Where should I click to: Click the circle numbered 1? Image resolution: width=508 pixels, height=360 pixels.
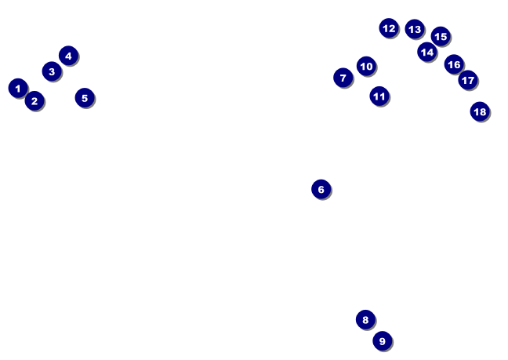[18, 88]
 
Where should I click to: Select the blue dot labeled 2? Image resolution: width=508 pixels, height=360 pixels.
[34, 100]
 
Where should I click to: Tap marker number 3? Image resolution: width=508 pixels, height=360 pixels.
[52, 71]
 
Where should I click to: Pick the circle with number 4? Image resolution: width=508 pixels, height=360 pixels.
[68, 55]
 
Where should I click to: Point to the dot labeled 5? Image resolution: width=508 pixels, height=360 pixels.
[85, 98]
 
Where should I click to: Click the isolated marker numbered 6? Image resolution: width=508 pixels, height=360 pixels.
[321, 189]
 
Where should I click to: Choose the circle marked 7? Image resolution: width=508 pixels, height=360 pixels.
[343, 78]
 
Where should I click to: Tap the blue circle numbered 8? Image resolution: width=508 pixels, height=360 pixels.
[365, 319]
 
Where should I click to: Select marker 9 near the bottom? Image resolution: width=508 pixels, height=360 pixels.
[382, 340]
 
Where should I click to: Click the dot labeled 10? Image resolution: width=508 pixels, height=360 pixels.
[366, 66]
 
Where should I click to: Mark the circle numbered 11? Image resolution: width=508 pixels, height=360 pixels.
[379, 96]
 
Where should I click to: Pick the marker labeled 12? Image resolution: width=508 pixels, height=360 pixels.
[389, 28]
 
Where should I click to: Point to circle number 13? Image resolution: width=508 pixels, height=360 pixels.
[415, 29]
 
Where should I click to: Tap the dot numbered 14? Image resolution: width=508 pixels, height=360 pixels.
[426, 52]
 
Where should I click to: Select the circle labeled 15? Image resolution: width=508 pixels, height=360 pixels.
[441, 36]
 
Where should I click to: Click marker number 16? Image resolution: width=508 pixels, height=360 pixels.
[454, 64]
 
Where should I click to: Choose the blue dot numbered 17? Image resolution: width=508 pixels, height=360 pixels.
[468, 79]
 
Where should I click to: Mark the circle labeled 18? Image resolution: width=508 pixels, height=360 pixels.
[480, 111]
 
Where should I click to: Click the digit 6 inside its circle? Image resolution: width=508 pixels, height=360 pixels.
[321, 189]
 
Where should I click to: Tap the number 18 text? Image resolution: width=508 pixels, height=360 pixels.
[480, 111]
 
